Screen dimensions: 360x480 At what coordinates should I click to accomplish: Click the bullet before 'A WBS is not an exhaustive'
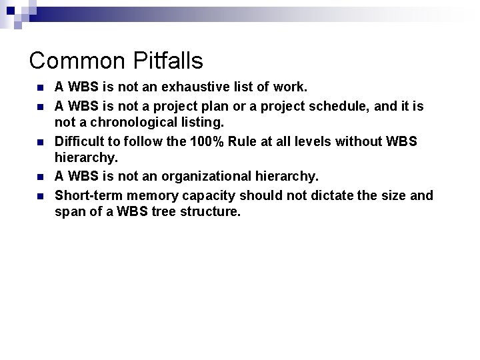click(41, 88)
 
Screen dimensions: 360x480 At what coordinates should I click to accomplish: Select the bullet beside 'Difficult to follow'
click(41, 142)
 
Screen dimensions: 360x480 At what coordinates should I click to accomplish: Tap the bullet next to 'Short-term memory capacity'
click(41, 196)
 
